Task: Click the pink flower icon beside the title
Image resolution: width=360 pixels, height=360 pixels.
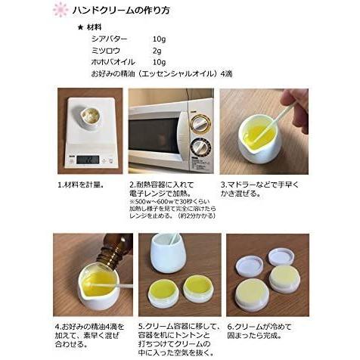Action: pyautogui.click(x=60, y=10)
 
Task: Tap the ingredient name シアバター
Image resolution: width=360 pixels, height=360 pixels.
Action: pyautogui.click(x=109, y=39)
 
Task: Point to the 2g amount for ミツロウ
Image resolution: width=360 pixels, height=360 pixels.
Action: pyautogui.click(x=157, y=51)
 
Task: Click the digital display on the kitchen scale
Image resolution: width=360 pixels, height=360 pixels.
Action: pyautogui.click(x=88, y=160)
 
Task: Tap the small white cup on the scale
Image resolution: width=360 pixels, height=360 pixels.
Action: pyautogui.click(x=91, y=118)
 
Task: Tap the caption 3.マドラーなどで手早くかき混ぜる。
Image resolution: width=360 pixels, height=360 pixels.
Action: pyautogui.click(x=261, y=189)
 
